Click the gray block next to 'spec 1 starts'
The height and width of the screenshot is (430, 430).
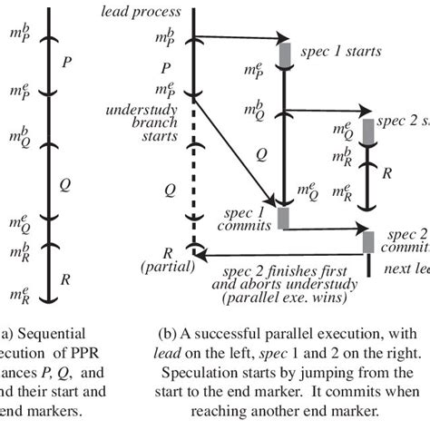[284, 52]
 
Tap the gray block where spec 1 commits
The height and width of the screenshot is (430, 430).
[284, 218]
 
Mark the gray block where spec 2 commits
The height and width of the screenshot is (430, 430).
[368, 241]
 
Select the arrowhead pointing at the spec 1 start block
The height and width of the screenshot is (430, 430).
[273, 39]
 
